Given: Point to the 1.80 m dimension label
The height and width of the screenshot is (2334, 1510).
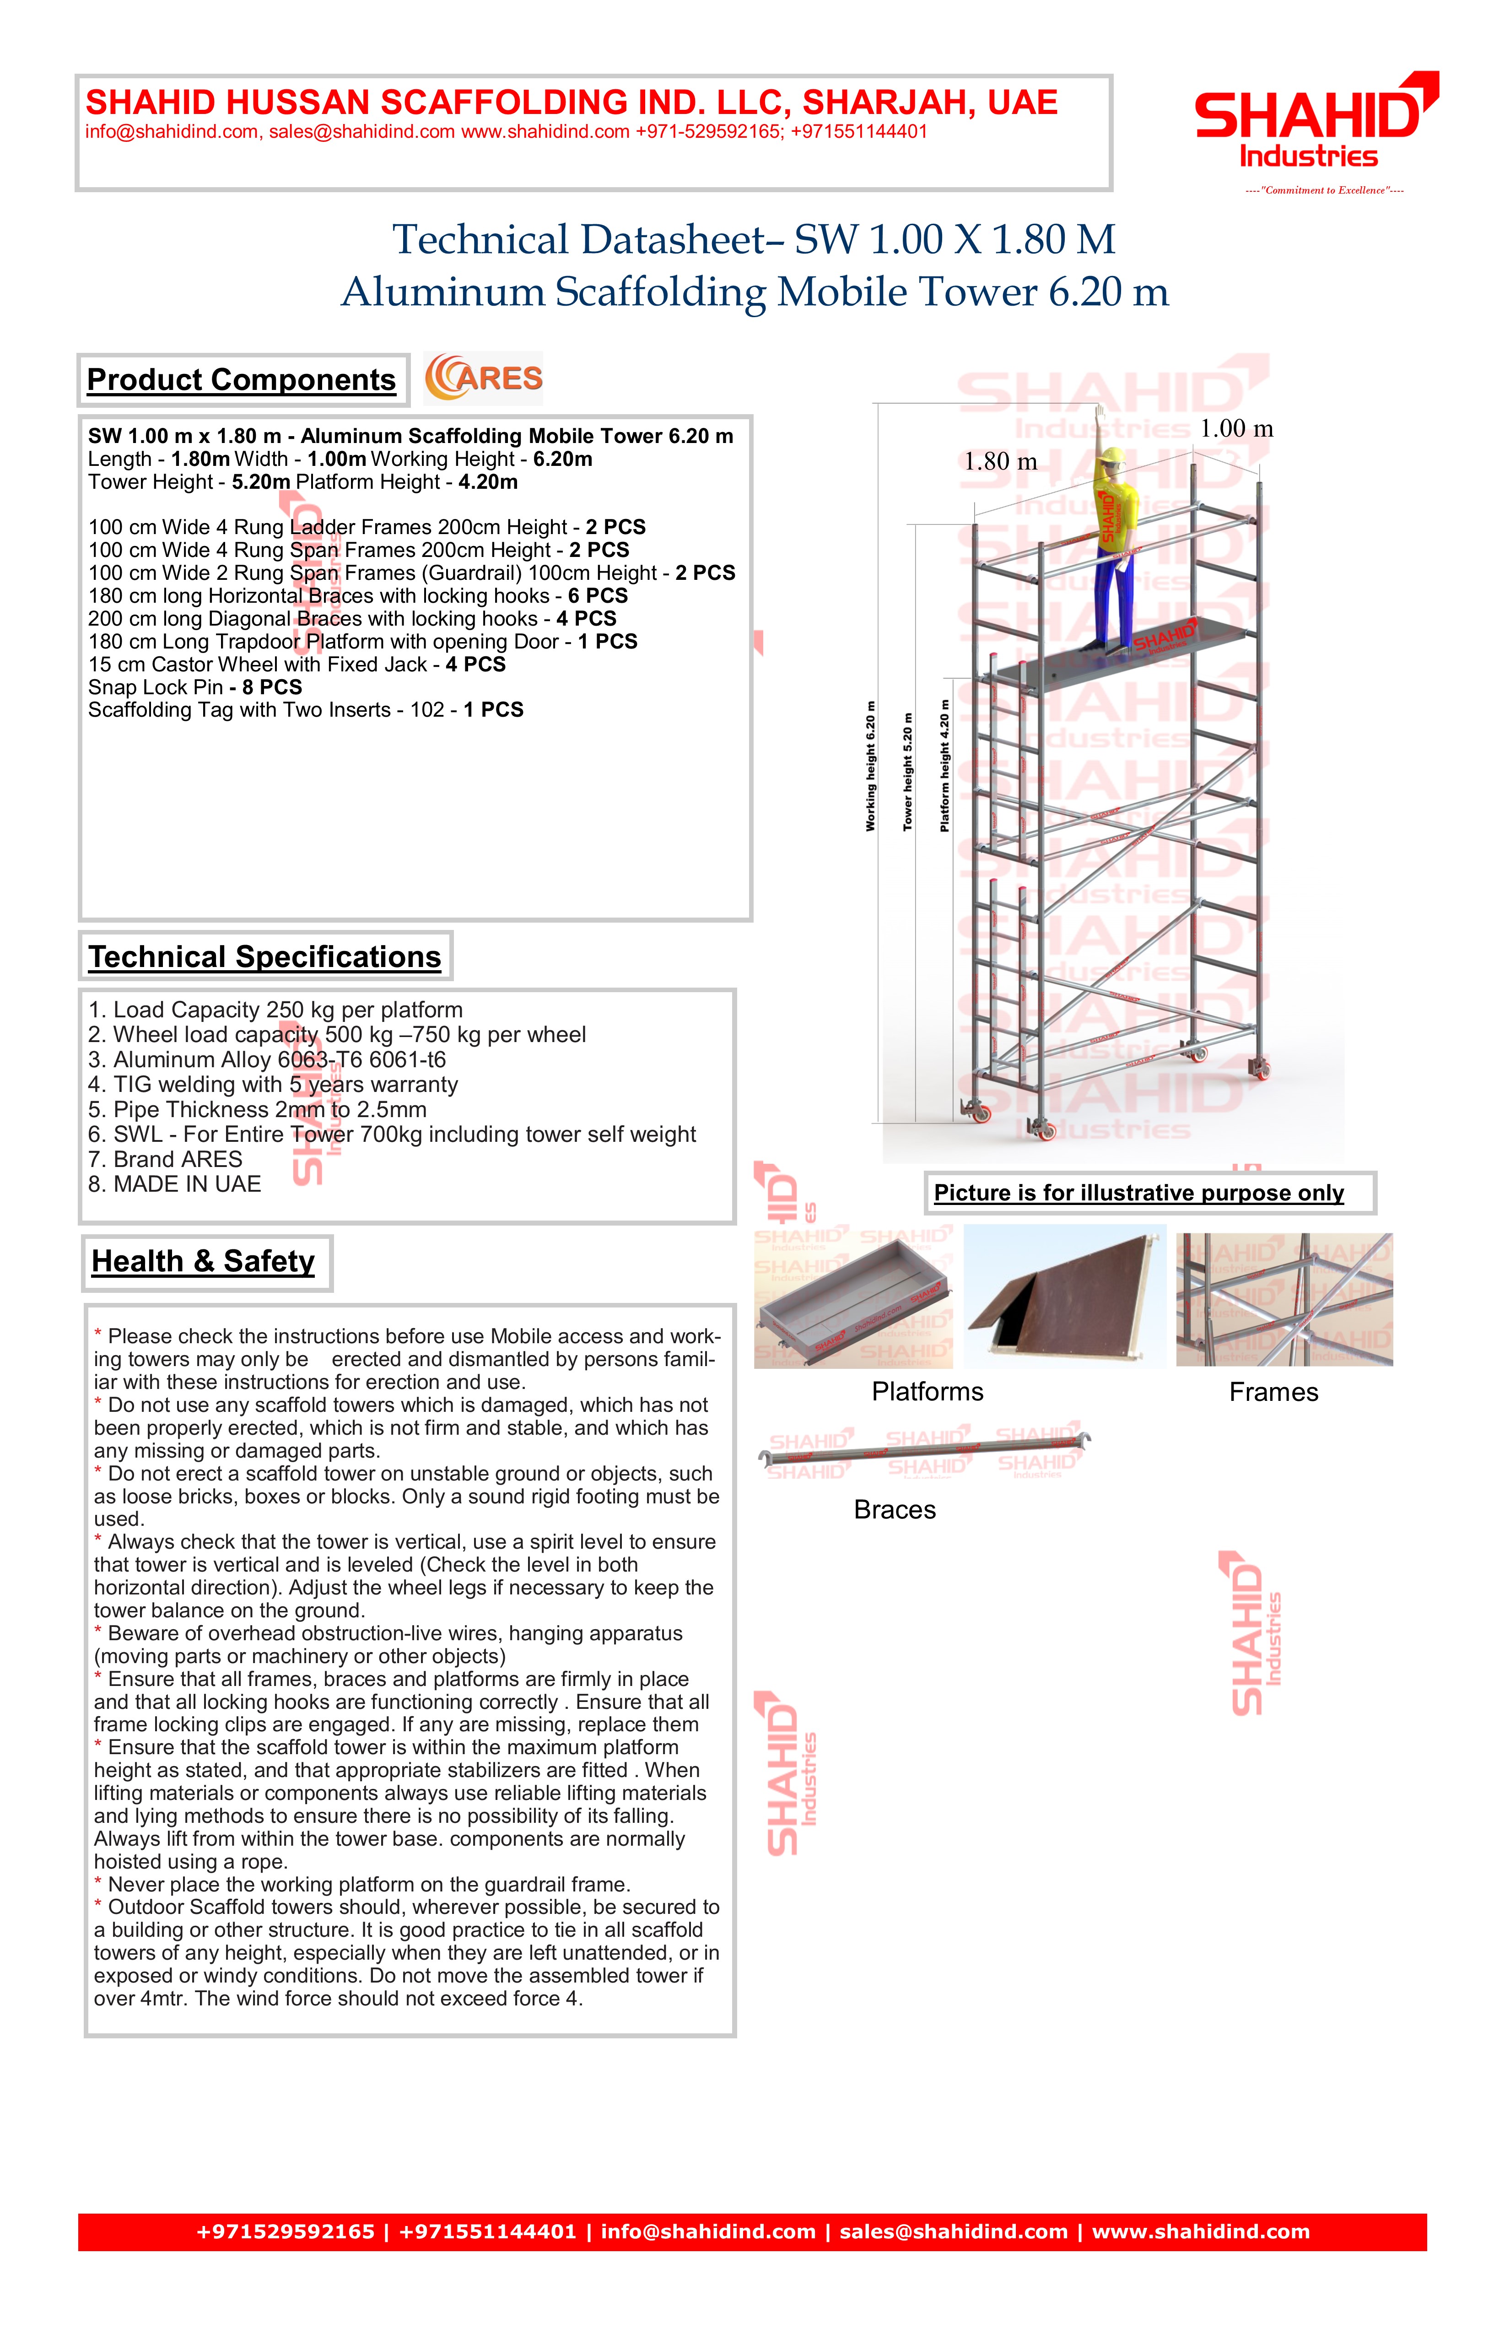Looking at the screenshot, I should click(1000, 462).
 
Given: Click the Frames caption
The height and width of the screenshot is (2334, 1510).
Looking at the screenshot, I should click(1274, 1393).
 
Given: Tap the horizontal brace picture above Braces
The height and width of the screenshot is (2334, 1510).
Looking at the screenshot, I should click(925, 1451).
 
